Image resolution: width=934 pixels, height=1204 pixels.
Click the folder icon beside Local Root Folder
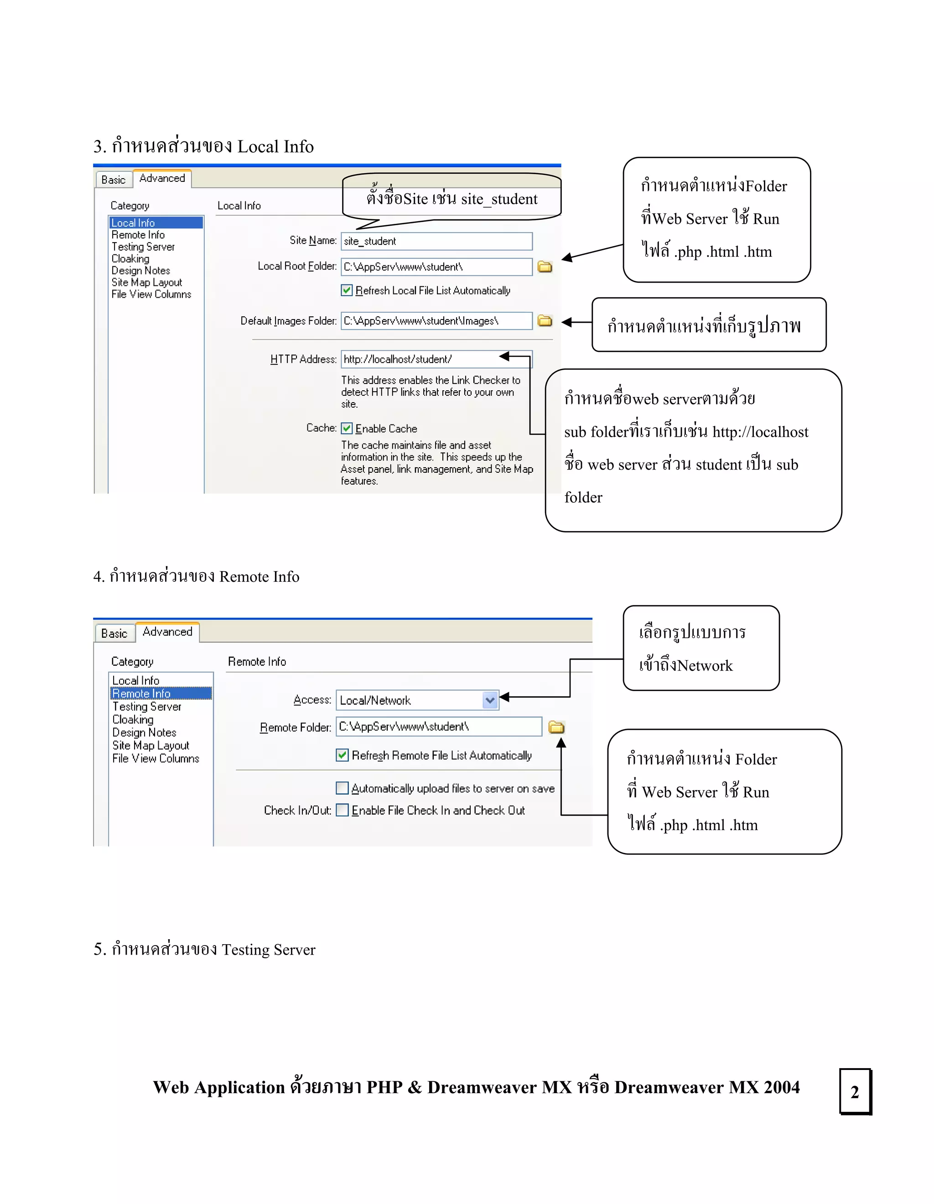545,267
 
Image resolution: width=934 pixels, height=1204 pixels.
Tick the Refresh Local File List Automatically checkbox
347,290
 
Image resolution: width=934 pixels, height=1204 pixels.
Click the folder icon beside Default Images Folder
545,321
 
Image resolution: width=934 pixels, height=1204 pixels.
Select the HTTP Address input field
419,359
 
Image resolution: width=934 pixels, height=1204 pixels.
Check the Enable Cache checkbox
347,429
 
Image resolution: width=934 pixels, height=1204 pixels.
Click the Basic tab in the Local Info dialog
114,180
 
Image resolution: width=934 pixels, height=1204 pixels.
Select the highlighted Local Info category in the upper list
156,223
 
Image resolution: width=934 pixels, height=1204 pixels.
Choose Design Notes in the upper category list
140,271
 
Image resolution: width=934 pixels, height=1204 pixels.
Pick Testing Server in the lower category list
147,707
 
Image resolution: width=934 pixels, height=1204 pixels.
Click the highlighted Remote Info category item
160,693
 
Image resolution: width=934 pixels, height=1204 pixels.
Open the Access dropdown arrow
490,700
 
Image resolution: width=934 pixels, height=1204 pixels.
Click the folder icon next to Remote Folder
556,727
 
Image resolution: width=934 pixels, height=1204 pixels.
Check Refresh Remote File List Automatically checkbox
342,755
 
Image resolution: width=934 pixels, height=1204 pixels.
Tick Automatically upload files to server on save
342,788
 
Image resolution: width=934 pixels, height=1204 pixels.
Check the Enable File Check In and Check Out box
342,811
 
